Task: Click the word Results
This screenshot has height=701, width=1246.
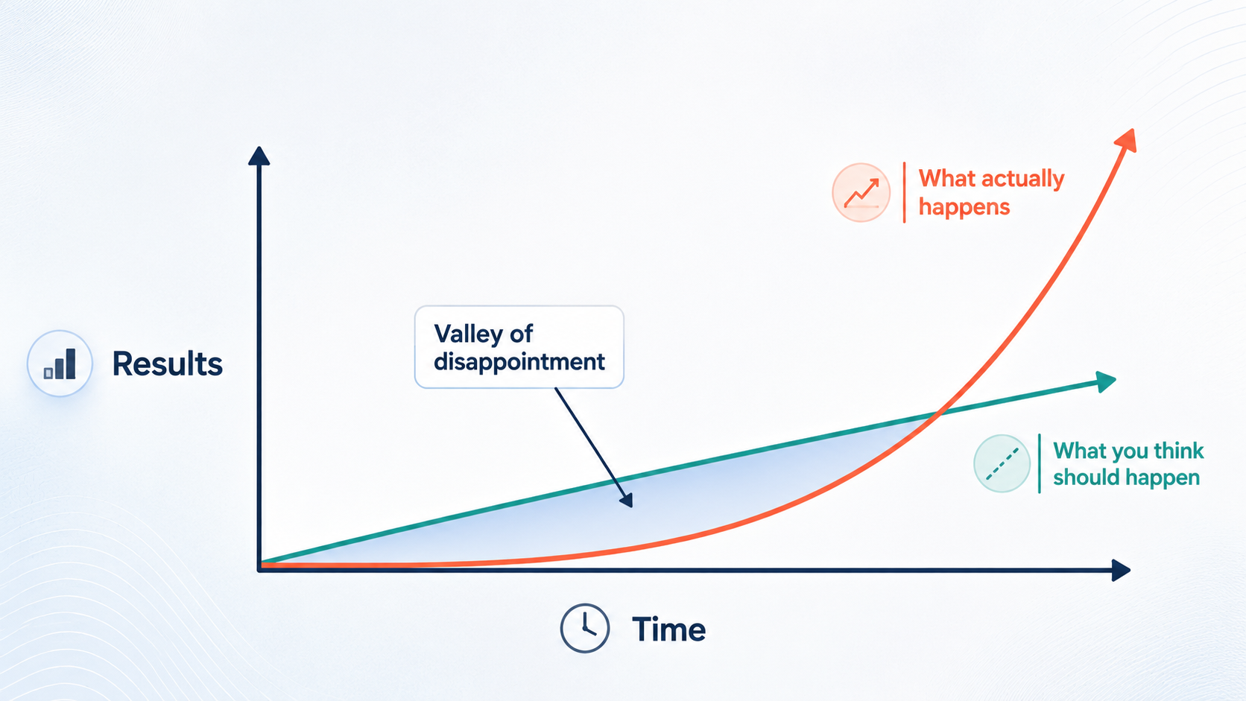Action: point(168,364)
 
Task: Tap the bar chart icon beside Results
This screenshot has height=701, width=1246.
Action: point(60,364)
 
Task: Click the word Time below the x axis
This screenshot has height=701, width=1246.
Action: point(668,629)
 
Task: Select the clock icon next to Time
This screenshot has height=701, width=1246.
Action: point(584,628)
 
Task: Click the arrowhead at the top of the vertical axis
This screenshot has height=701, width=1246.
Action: point(259,156)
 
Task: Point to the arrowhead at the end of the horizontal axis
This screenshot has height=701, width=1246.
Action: point(1121,571)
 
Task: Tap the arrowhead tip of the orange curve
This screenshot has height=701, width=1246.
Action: point(1133,130)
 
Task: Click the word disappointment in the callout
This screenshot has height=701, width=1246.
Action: point(519,362)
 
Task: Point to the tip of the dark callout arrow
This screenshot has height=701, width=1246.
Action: point(631,507)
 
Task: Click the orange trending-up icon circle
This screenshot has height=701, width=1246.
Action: point(861,193)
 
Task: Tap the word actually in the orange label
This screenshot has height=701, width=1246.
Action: point(1023,179)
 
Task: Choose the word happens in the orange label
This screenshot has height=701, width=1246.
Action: point(964,207)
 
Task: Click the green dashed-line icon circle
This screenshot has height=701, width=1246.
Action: point(1002,463)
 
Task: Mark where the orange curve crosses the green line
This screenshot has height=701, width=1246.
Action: point(938,413)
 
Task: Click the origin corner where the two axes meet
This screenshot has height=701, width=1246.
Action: point(259,569)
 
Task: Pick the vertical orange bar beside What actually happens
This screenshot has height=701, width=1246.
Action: point(905,192)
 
